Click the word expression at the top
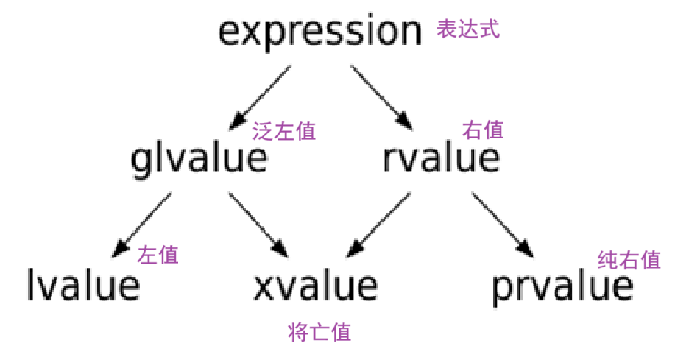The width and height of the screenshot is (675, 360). coord(319,34)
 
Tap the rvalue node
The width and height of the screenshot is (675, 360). coord(442,158)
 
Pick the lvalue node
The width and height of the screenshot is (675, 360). coord(82,285)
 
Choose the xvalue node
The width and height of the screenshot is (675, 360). coord(316,286)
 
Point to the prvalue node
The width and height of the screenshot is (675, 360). coord(562,286)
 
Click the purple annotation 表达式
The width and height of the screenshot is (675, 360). coord(468,30)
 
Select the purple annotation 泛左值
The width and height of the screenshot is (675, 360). coord(284,132)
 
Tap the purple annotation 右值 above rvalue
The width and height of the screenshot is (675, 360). coord(483,130)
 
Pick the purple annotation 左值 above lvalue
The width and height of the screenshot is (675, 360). coord(158,255)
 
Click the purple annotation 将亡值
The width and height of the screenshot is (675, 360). coord(319,332)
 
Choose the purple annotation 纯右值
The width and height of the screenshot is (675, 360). coord(629,260)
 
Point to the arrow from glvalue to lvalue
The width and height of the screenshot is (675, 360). coord(143,224)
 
